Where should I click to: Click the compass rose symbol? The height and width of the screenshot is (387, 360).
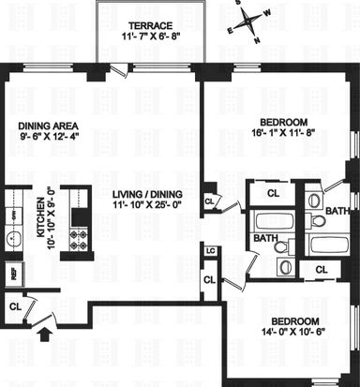point(248,22)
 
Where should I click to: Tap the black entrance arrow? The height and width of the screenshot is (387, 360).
point(46,335)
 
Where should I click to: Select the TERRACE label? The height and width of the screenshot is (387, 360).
point(151,25)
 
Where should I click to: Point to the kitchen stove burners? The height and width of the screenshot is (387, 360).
point(79,239)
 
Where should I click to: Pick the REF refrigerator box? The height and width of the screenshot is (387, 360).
point(14,275)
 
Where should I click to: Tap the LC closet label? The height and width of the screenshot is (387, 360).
point(211,251)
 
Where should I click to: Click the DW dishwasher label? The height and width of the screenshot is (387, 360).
point(14,216)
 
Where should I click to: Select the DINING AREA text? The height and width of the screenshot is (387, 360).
point(48,126)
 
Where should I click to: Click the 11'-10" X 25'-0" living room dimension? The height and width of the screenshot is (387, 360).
point(147,205)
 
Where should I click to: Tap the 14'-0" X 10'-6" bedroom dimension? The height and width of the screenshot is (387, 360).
point(295,332)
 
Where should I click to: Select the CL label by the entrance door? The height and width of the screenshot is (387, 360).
point(16,306)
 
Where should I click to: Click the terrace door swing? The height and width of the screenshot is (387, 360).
point(121,71)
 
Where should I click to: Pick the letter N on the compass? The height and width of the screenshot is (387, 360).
point(257,40)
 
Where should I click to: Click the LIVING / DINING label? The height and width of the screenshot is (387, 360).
point(147,194)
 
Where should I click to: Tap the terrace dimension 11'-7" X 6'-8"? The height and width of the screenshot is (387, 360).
point(151,37)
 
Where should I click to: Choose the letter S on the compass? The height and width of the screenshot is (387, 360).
point(239,3)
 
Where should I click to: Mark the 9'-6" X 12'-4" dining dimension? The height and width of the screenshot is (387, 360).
point(48,137)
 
